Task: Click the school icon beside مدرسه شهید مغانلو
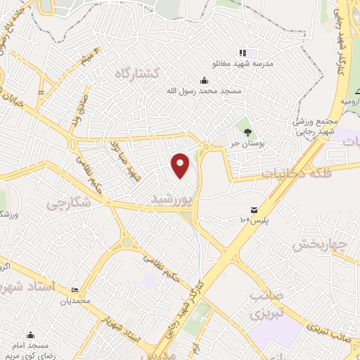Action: tap(242, 53)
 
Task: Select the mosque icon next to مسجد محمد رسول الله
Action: tap(204, 79)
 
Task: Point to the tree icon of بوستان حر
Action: tap(247, 131)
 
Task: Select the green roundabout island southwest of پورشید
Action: tap(127, 243)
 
